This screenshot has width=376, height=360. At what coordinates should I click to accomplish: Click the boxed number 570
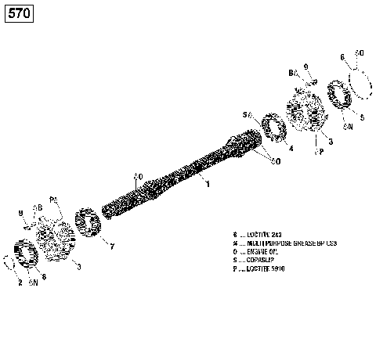[x=20, y=14]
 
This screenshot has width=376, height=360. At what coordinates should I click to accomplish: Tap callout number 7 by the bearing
[x=111, y=247]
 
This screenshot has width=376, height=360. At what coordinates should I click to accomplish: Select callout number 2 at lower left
[x=20, y=283]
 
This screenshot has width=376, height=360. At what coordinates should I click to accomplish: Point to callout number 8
[x=44, y=275]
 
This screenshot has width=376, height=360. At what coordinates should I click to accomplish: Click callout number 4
[x=291, y=148]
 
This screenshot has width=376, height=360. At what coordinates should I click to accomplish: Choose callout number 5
[x=361, y=117]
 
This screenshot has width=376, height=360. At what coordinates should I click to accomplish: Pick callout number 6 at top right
[x=342, y=57]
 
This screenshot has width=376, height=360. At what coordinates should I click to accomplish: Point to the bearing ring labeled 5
[x=342, y=95]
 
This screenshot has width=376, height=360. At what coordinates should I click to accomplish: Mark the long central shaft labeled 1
[x=172, y=177]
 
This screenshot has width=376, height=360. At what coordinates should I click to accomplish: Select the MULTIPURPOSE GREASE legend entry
[x=282, y=243]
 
